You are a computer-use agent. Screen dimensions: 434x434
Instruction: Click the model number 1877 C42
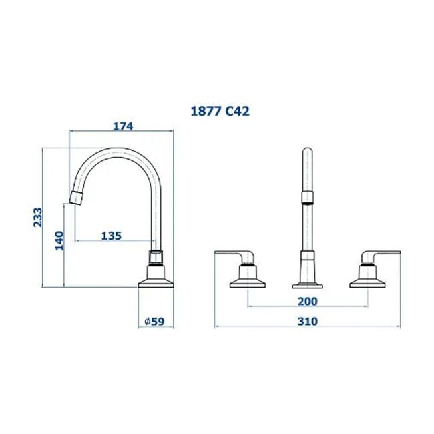click(219, 112)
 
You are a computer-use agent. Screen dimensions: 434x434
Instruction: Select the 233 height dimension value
click(38, 218)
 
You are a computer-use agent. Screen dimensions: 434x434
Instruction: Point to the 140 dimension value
click(59, 241)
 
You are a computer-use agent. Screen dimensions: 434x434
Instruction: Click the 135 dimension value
click(111, 235)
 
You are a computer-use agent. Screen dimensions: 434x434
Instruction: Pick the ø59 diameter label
click(154, 321)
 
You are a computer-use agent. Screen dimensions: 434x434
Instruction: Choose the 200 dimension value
click(307, 300)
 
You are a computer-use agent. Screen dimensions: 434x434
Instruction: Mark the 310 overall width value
click(307, 321)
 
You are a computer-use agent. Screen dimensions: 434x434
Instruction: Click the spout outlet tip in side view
click(77, 198)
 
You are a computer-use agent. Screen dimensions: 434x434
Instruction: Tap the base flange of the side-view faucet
click(156, 281)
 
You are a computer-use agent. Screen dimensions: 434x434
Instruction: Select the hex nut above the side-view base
click(156, 257)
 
